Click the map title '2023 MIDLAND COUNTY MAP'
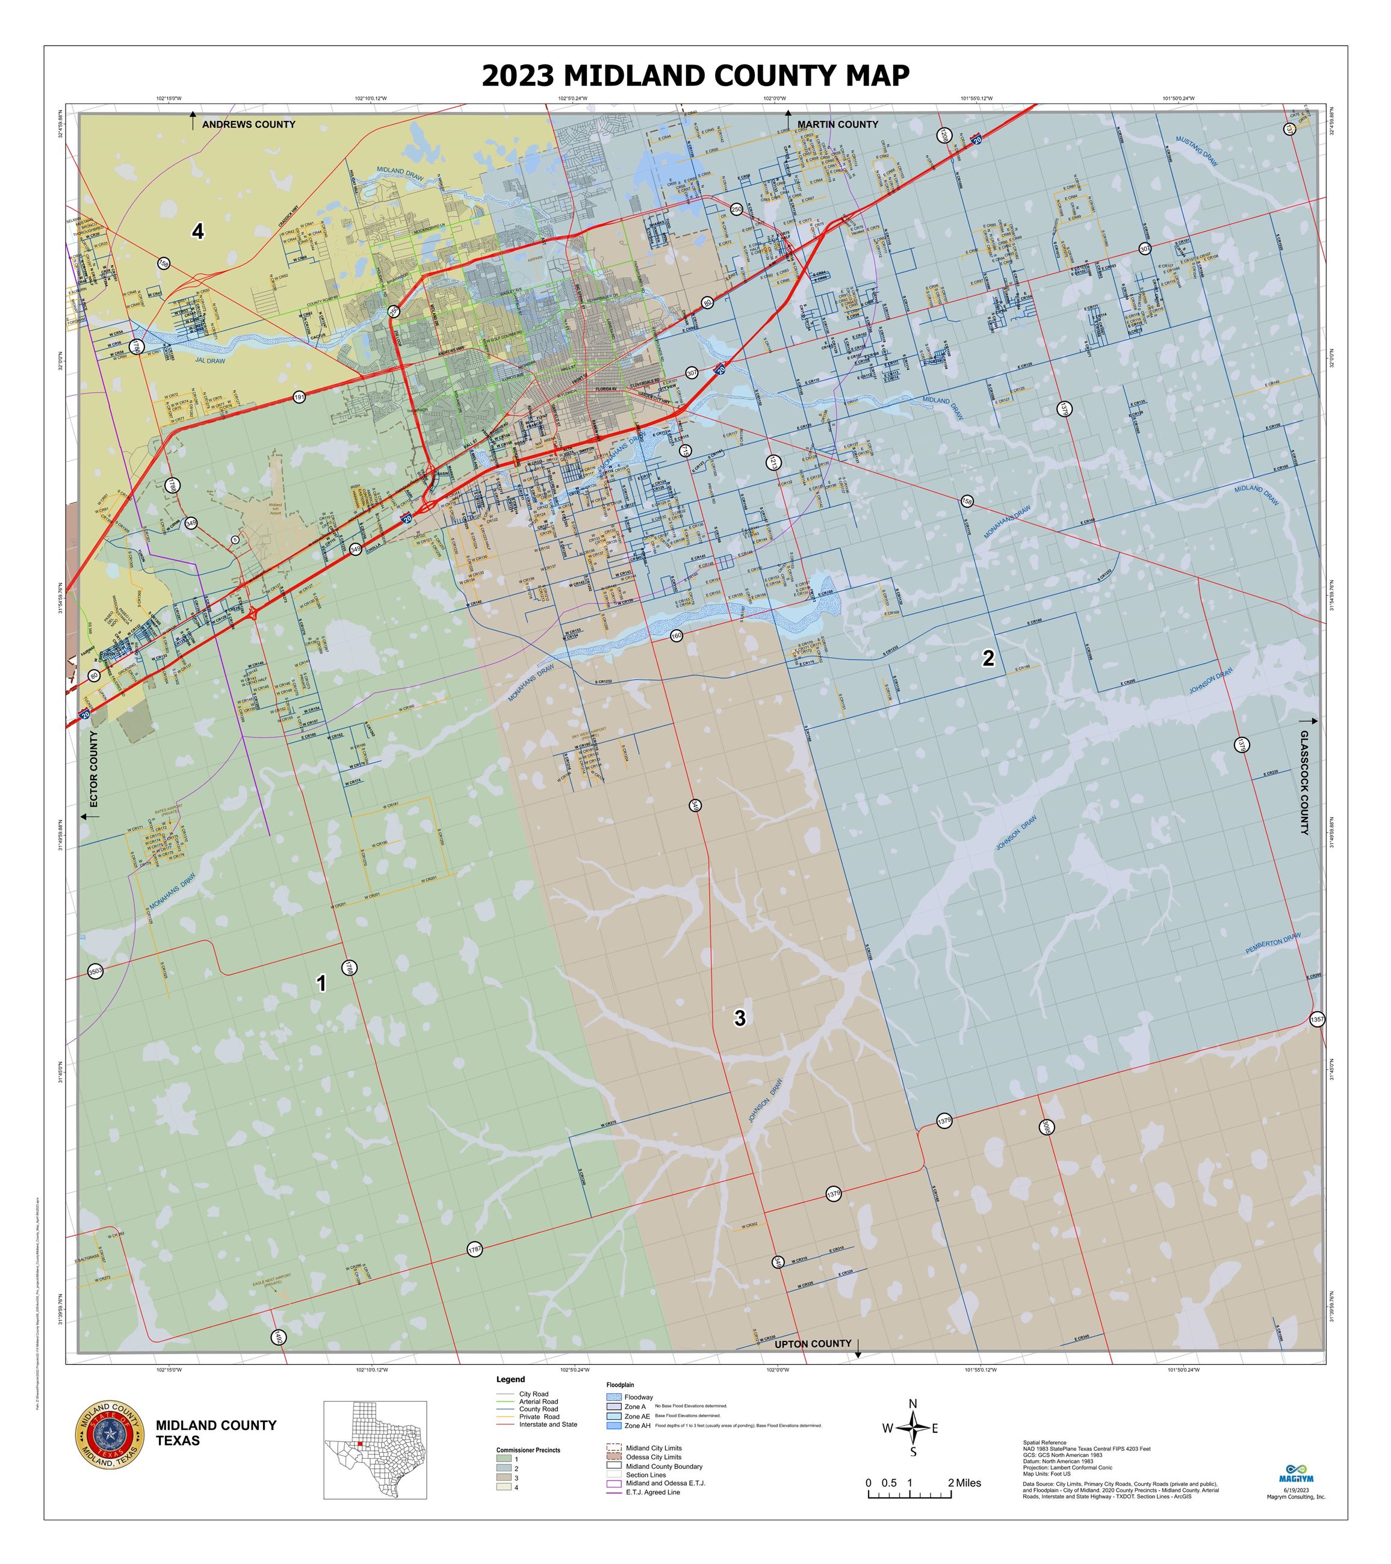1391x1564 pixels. coord(695,76)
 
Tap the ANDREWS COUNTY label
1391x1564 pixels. coord(248,125)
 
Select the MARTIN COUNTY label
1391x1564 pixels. coord(837,125)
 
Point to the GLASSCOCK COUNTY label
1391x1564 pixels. coord(1304,782)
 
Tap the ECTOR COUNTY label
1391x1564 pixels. coord(94,769)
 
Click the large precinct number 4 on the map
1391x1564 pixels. coord(198,231)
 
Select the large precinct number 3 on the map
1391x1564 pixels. coord(740,1018)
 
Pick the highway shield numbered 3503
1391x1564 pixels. coord(95,971)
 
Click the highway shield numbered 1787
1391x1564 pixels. coord(475,1249)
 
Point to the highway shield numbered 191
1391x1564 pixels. coord(299,398)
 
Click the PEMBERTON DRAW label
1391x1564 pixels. coord(1272,943)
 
